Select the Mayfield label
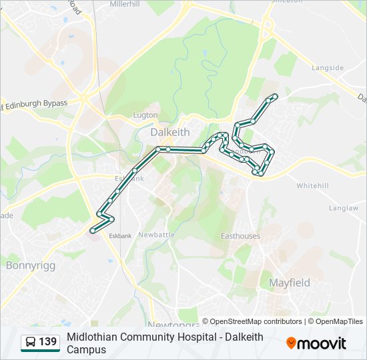pos(289,283)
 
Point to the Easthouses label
pos(240,236)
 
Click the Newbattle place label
pos(156,235)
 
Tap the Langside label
pos(328,68)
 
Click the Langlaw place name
pos(344,208)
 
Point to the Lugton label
pos(145,115)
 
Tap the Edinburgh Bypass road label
pos(35,103)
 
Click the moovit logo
pos(316,343)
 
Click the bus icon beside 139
pos(31,343)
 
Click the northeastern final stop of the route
pos(274,97)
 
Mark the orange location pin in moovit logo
pos(291,343)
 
